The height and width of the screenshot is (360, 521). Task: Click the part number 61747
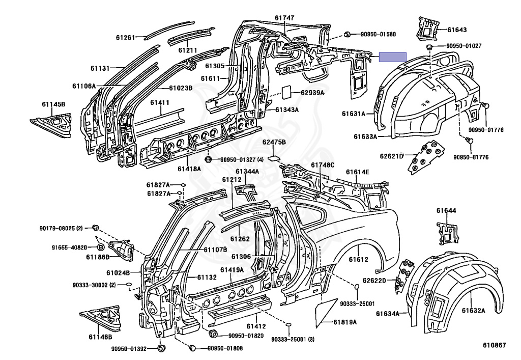pyautogui.click(x=284, y=18)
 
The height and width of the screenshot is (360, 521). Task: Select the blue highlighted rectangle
pyautogui.click(x=393, y=57)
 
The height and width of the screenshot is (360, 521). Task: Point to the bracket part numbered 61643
pyautogui.click(x=427, y=29)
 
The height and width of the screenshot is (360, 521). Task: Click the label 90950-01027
pyautogui.click(x=464, y=46)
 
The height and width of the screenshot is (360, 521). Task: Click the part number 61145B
pyautogui.click(x=53, y=104)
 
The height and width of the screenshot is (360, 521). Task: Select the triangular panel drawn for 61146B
pyautogui.click(x=100, y=318)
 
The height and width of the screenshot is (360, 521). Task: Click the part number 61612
pyautogui.click(x=359, y=259)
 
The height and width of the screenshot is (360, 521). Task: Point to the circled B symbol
pyautogui.click(x=101, y=247)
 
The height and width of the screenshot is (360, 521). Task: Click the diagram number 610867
pyautogui.click(x=495, y=345)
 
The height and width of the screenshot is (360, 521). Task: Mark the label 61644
pyautogui.click(x=446, y=210)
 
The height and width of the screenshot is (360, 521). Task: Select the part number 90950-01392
pyautogui.click(x=129, y=349)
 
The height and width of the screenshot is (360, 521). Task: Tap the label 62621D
pyautogui.click(x=392, y=156)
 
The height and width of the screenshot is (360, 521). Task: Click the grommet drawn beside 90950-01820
pyautogui.click(x=213, y=334)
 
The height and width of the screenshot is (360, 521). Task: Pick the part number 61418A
pyautogui.click(x=189, y=169)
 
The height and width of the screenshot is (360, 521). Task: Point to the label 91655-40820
pyautogui.click(x=69, y=247)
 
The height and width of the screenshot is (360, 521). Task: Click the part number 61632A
pyautogui.click(x=474, y=311)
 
